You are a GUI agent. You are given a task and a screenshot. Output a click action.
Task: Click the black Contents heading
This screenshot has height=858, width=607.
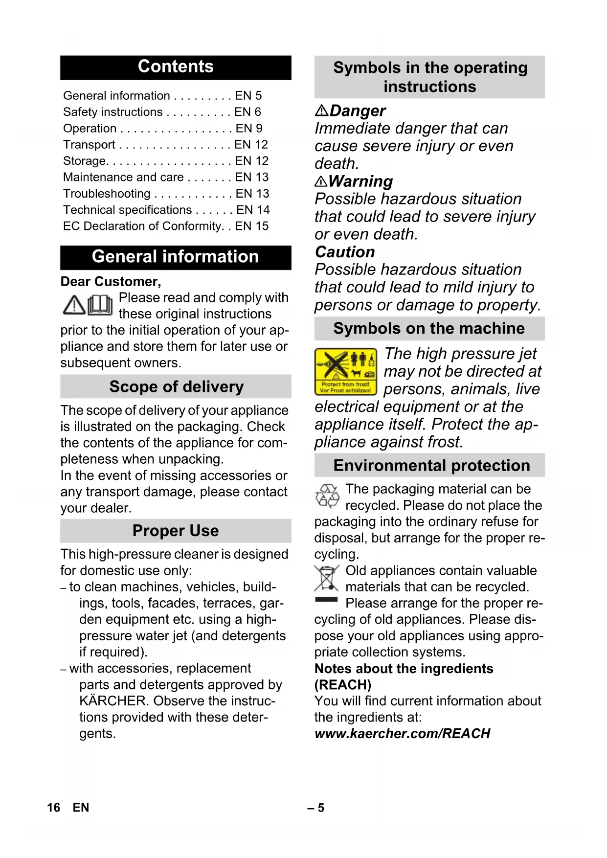(x=176, y=67)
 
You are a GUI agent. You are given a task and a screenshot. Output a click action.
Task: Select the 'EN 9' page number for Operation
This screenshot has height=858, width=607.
(x=249, y=128)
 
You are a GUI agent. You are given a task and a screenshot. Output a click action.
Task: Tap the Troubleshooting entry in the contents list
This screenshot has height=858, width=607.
(x=107, y=194)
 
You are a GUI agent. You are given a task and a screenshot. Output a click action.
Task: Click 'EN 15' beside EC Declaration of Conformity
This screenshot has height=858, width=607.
(x=252, y=226)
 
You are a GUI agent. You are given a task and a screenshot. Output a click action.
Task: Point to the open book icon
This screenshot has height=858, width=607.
(x=100, y=305)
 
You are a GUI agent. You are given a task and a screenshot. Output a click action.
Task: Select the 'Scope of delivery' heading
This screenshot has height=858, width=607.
(x=176, y=386)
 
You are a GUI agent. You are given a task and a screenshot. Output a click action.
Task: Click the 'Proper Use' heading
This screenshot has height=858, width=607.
(x=176, y=531)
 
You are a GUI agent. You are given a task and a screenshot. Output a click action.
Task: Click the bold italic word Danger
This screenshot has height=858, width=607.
(x=358, y=111)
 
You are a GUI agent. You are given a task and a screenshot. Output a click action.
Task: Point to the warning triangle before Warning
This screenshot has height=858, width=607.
(x=321, y=182)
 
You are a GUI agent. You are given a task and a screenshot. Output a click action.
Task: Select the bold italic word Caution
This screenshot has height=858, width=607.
(x=345, y=252)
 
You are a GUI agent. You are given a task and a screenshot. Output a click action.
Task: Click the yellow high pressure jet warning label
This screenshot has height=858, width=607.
(x=346, y=371)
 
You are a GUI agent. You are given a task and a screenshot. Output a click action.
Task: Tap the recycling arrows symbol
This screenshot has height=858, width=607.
(x=327, y=496)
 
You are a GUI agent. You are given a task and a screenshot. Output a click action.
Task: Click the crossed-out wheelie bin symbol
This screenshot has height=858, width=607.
(x=326, y=579)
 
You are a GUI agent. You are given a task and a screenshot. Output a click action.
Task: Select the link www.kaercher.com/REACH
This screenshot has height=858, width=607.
(x=402, y=734)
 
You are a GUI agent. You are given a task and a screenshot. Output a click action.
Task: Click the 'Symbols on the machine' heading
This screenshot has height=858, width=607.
(x=429, y=329)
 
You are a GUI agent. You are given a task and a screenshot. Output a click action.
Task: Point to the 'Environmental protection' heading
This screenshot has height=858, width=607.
(x=431, y=466)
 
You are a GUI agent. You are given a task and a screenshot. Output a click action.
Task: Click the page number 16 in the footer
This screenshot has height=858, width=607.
(x=53, y=808)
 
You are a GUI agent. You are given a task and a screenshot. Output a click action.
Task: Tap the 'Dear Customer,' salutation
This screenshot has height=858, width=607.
(x=111, y=282)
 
